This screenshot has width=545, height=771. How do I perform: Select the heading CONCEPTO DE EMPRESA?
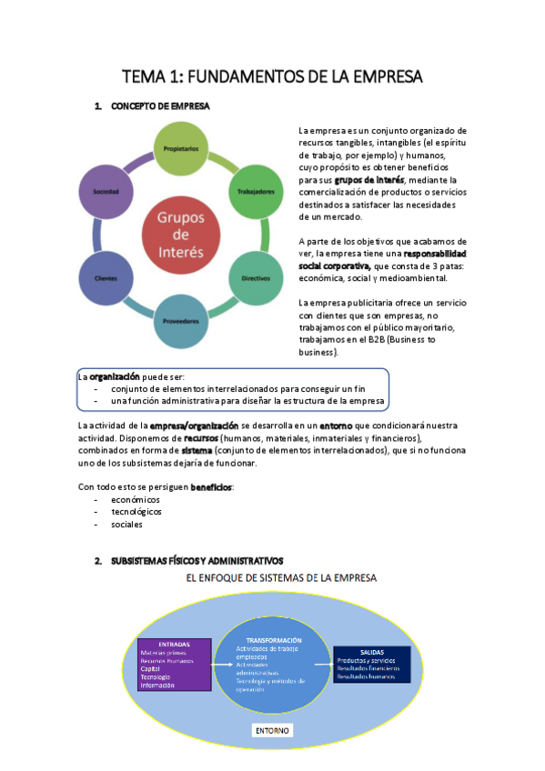click(159, 106)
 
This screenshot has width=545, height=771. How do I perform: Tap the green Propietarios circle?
click(181, 147)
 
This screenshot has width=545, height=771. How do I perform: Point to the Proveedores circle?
click(181, 321)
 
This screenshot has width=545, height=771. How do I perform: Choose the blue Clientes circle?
click(106, 278)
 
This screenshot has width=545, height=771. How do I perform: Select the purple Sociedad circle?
click(106, 192)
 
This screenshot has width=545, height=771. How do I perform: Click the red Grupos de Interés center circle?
click(181, 234)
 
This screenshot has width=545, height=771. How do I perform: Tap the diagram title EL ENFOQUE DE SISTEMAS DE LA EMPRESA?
click(281, 577)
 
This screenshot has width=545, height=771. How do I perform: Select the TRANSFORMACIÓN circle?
click(273, 665)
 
